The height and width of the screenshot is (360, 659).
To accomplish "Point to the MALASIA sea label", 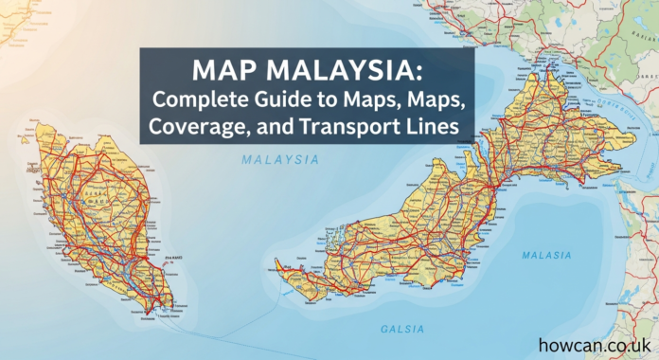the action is [546, 256].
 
